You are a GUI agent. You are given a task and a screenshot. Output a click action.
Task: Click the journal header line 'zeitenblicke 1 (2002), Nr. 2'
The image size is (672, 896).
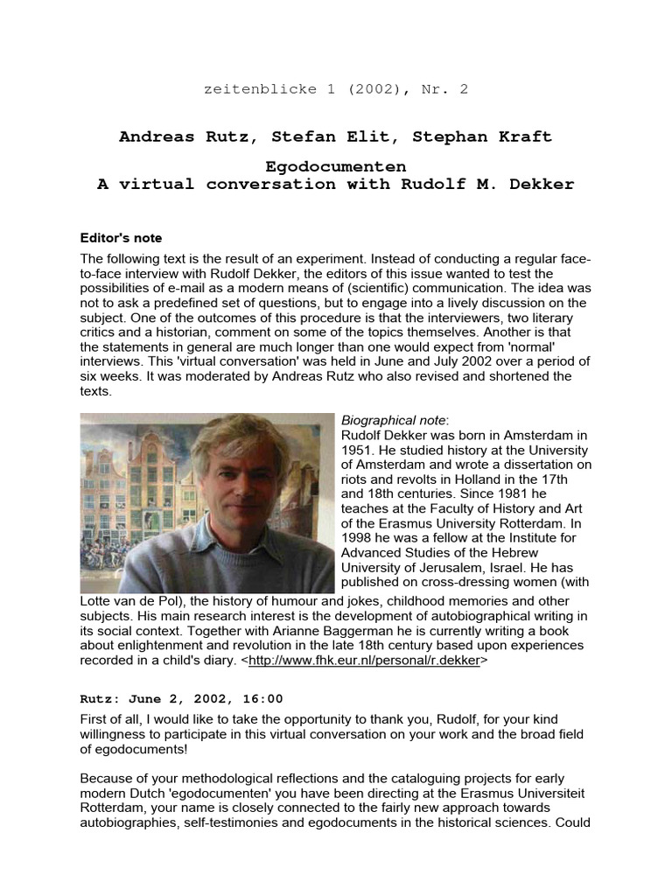336,89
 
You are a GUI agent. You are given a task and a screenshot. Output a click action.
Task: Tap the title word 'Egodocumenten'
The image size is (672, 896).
336,165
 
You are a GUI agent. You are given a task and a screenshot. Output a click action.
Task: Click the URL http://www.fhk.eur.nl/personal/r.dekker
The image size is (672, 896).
364,661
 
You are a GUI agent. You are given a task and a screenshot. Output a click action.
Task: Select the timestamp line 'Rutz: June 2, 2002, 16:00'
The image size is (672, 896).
181,698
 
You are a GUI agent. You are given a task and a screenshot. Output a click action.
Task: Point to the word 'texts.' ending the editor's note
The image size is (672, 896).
95,392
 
